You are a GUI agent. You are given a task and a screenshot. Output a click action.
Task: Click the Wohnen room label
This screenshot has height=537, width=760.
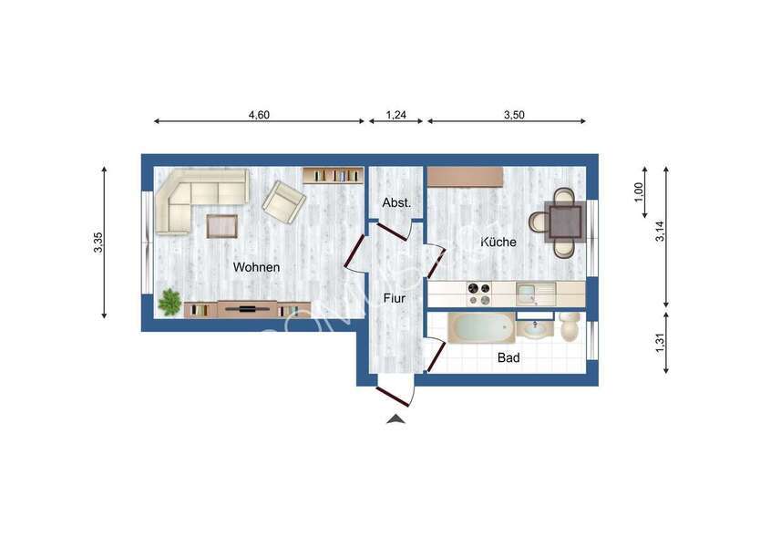pyautogui.click(x=256, y=267)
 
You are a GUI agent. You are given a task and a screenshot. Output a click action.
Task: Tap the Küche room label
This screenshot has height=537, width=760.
pyautogui.click(x=498, y=243)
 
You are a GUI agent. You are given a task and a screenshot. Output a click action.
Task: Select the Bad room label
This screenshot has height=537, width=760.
pyautogui.click(x=508, y=358)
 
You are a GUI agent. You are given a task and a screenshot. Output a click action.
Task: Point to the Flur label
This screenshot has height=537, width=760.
pyautogui.click(x=395, y=297)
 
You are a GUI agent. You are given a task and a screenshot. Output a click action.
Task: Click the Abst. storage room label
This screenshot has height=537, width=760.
pyautogui.click(x=396, y=203)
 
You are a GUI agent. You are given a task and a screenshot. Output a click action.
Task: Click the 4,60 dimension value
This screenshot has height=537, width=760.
pyautogui.click(x=261, y=115)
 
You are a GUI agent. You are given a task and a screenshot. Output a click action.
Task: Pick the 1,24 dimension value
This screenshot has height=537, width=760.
pyautogui.click(x=396, y=115)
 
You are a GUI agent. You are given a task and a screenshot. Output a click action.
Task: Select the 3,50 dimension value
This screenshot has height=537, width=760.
pyautogui.click(x=515, y=115)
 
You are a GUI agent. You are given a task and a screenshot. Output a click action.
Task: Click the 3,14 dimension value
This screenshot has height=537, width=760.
pyautogui.click(x=662, y=232)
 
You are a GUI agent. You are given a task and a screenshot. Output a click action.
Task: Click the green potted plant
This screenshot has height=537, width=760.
pyautogui.click(x=169, y=301)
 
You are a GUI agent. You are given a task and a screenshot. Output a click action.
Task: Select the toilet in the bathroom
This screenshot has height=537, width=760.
pyautogui.click(x=571, y=325)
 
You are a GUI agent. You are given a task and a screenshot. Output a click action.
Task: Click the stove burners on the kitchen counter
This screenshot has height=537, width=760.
pyautogui.click(x=478, y=293)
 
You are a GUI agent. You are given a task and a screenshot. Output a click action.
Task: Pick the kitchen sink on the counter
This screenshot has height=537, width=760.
pyautogui.click(x=529, y=294)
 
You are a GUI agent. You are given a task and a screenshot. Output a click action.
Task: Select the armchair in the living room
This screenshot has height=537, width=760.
pyautogui.click(x=284, y=201)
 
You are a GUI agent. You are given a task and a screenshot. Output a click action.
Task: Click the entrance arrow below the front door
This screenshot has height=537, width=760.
pyautogui.click(x=395, y=418)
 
